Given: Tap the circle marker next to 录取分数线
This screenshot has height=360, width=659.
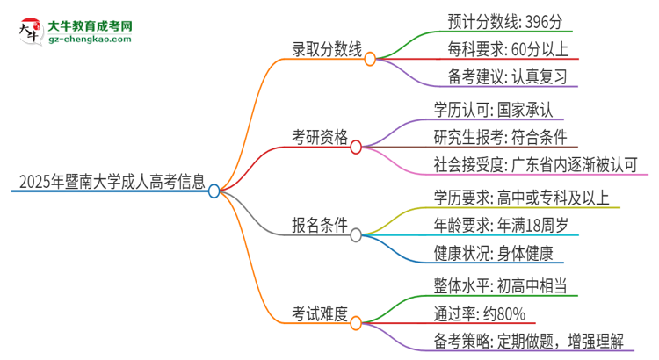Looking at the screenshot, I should pyautogui.click(x=370, y=60).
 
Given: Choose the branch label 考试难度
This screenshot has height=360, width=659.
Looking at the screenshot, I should pyautogui.click(x=320, y=313).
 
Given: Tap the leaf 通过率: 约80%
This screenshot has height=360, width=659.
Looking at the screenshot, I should pyautogui.click(x=481, y=313).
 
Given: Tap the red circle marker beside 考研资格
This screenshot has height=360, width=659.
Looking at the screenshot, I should pyautogui.click(x=356, y=148).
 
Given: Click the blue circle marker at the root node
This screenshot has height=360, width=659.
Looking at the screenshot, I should pyautogui.click(x=214, y=191).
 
